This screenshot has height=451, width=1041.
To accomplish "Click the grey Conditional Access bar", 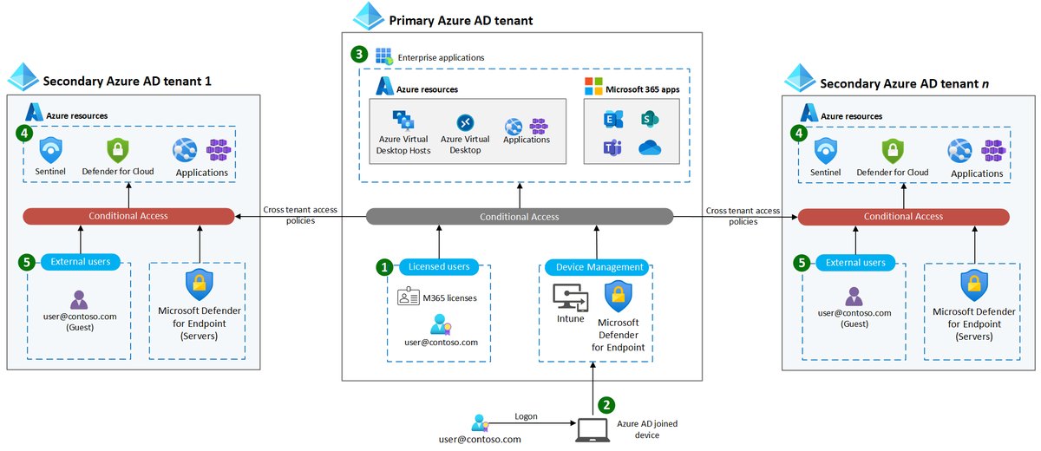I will coord(520,217).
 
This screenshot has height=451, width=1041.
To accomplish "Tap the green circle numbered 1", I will coord(383,267).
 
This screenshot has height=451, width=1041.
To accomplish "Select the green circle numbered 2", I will coord(607,404).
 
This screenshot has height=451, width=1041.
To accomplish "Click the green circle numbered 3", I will coord(359,54).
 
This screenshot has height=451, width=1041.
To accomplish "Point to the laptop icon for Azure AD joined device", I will coord(593,428).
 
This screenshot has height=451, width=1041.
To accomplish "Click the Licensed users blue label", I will coord(438,267).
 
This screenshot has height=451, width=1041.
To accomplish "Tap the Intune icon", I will coord(571,298).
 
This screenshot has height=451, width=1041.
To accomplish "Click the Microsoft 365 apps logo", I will coord(593,88).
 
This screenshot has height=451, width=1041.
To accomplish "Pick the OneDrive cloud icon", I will coord(650,148).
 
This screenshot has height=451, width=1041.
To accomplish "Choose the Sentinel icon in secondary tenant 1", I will coord(50,149).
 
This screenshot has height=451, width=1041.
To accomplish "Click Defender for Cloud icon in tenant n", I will coord(893,150).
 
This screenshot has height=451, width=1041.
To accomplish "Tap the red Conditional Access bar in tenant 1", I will coord(128,216).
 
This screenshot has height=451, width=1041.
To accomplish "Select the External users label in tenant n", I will coord(855,263).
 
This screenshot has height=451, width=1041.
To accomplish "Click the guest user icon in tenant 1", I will coord(79,300).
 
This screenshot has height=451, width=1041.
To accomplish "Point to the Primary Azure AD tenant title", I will coord(461,20).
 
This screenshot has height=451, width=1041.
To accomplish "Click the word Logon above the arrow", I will coord(526,416).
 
